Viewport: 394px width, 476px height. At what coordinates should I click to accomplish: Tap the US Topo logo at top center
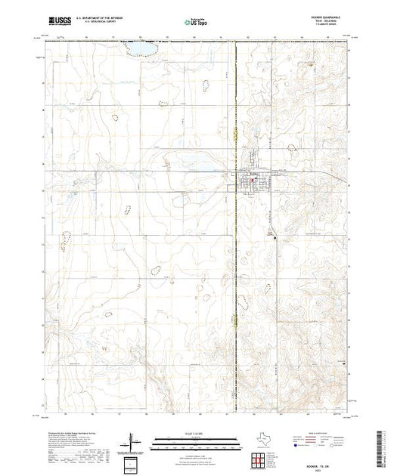196,23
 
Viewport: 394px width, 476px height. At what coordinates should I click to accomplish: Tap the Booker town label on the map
254,173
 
